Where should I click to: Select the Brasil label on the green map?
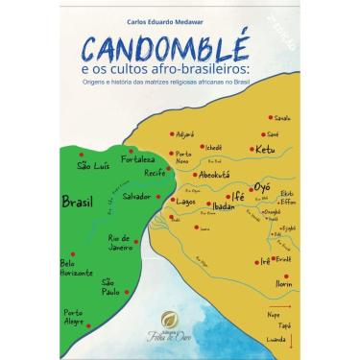click(x=77, y=203)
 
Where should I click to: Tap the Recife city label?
click(x=141, y=177)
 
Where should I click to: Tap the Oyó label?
click(x=262, y=186)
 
